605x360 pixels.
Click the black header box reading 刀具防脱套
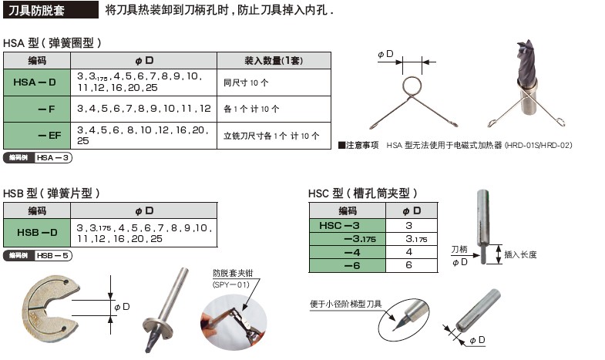tap(50, 12)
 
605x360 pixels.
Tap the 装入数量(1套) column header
tap(274, 60)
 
